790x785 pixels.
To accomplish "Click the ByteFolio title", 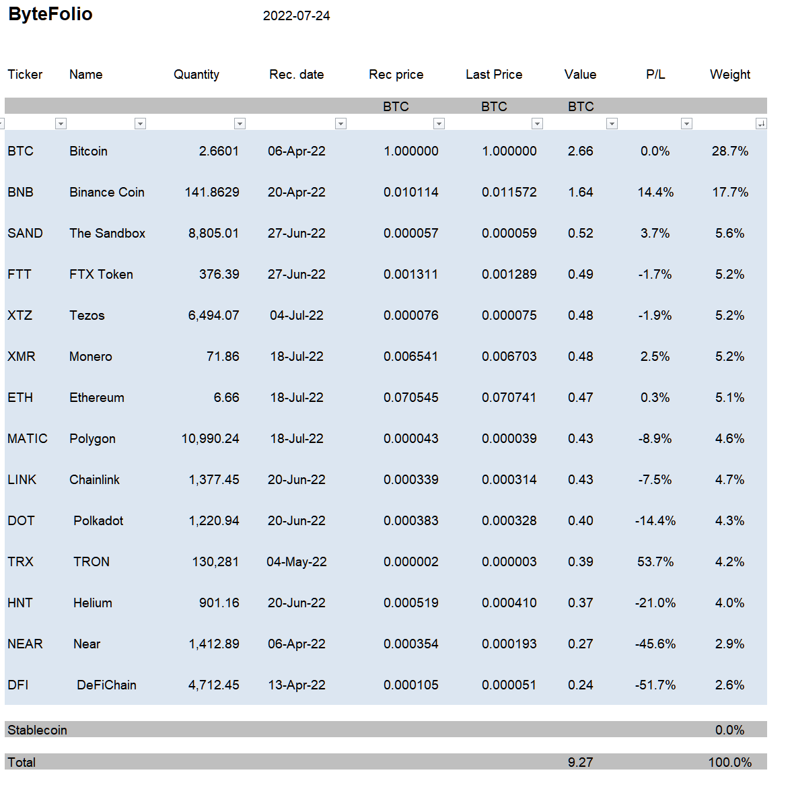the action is [x=50, y=14].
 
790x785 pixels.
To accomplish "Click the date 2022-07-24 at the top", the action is [x=296, y=15].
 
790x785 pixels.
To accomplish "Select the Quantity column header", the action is [x=196, y=75].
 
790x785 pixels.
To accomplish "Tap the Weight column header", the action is [x=730, y=75].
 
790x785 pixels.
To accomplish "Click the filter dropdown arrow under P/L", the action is [x=686, y=123].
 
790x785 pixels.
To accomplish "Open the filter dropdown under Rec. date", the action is [x=340, y=123].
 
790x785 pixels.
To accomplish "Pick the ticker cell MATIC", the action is [x=27, y=439].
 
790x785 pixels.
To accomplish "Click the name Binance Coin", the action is [x=107, y=192].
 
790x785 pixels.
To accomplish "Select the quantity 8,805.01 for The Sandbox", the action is [x=213, y=234].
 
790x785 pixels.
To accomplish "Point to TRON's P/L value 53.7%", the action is [x=655, y=561].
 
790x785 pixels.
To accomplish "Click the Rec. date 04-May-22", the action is [x=296, y=561].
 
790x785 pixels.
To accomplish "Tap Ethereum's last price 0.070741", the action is [x=509, y=397].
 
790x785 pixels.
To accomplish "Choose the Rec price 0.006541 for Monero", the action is [x=410, y=356].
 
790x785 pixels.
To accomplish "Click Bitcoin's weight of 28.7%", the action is [x=730, y=151].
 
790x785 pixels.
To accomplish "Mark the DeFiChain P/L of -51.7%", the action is [x=655, y=685].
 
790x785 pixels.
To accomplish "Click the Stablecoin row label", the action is [x=37, y=730].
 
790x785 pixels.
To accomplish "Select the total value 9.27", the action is [x=581, y=762].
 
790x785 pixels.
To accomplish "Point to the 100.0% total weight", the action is [x=730, y=762].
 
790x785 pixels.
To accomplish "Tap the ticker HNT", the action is [x=20, y=603].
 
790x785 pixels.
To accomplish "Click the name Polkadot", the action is [x=98, y=521].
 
